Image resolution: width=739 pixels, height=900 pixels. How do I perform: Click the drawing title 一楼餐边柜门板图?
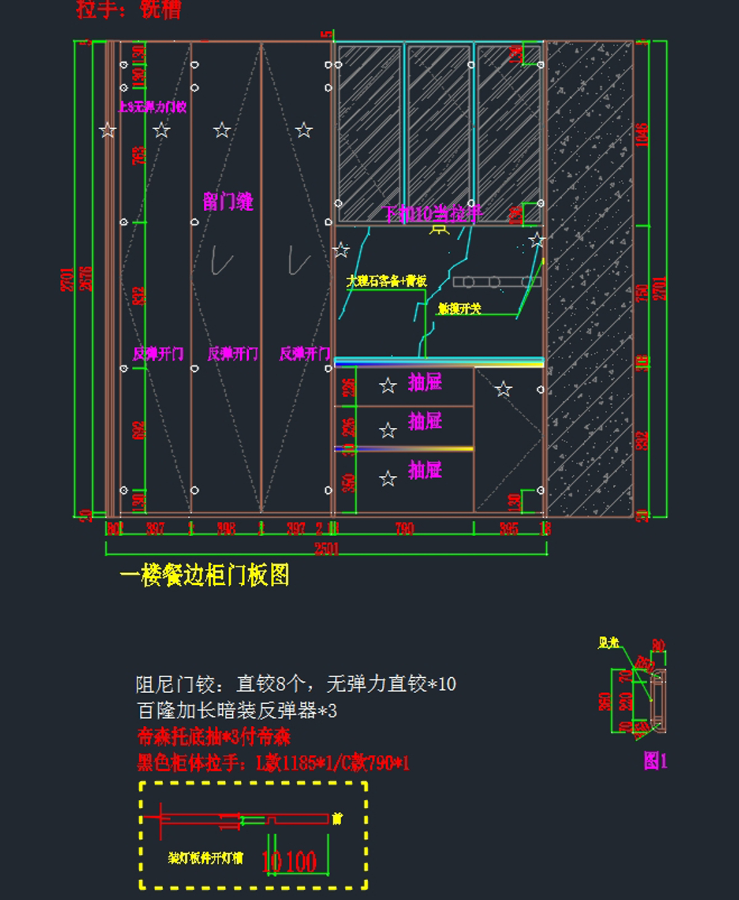point(204,576)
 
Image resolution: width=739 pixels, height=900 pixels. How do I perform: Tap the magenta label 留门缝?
point(228,201)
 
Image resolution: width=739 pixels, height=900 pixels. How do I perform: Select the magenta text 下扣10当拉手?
point(433,214)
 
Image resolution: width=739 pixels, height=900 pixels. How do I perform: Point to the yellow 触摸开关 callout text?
point(459,308)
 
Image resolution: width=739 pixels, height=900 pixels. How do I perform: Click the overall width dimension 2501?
point(326,548)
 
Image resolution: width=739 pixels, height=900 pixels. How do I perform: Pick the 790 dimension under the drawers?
point(405,528)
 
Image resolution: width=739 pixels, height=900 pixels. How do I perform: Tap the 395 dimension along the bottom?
point(509,528)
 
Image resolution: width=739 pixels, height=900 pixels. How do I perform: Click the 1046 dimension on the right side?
point(642,134)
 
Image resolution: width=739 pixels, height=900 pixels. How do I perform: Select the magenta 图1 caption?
point(655,761)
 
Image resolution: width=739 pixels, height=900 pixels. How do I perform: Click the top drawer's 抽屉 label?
point(425,382)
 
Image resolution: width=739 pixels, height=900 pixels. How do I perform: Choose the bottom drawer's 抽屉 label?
point(425,470)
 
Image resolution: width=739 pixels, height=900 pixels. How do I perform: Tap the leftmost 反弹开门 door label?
point(158,354)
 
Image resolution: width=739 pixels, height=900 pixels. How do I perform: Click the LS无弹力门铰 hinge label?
point(153,107)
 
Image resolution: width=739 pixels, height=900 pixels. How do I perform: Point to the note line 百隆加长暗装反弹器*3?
point(237,711)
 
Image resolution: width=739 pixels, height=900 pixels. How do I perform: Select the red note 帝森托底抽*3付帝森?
point(214,737)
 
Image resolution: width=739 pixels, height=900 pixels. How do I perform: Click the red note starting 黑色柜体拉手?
point(273,763)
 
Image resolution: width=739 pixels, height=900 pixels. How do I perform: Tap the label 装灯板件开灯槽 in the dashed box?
point(206,858)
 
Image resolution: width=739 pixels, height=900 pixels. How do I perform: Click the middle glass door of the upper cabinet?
point(438,132)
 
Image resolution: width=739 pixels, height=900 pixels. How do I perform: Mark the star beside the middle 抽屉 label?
point(388,430)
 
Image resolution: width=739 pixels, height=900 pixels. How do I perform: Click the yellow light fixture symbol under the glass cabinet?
point(439,230)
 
